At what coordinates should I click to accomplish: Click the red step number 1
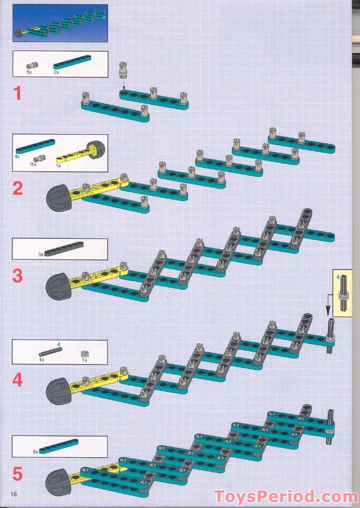click(17, 93)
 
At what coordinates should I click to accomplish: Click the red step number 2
click(17, 188)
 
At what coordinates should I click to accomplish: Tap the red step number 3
click(17, 276)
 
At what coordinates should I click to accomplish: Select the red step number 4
click(17, 380)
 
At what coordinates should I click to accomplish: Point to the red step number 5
click(17, 474)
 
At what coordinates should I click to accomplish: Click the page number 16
click(14, 494)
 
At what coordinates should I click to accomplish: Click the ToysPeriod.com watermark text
click(285, 496)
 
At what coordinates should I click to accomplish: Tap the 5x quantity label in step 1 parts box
click(29, 72)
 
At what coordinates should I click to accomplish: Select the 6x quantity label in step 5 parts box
click(36, 452)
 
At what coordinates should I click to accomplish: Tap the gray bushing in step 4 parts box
click(84, 354)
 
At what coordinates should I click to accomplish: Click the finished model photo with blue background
click(60, 24)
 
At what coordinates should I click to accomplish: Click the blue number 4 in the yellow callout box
click(338, 277)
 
